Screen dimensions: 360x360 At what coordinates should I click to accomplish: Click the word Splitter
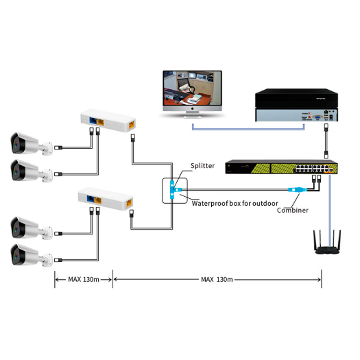tap(203, 165)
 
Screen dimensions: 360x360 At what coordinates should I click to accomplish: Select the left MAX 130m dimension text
tap(83, 280)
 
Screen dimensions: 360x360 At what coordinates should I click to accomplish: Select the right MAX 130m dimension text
tap(217, 280)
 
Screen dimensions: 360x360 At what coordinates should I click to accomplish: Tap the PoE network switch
tap(281, 169)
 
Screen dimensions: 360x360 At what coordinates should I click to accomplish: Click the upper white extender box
tap(110, 120)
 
